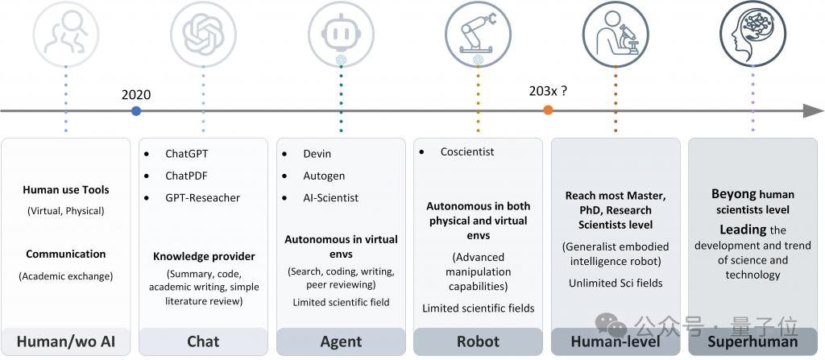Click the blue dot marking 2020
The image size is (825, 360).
(x=136, y=110)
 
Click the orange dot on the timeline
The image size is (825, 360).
(x=548, y=110)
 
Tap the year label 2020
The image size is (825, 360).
(x=135, y=95)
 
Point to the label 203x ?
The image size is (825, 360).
(x=548, y=91)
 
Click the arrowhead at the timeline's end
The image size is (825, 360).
(x=813, y=110)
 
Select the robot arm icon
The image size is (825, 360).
(x=478, y=35)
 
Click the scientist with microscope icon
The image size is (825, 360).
(x=615, y=35)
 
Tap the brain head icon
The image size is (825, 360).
(x=752, y=34)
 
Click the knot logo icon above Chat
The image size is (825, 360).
(x=203, y=35)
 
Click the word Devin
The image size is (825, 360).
(x=317, y=154)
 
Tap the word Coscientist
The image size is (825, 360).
(x=467, y=151)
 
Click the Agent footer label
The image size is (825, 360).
(x=341, y=341)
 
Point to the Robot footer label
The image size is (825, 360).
(x=478, y=341)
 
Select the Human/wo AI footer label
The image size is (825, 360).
(x=66, y=342)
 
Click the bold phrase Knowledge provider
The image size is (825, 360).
(x=204, y=257)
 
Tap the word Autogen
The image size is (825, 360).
(x=324, y=176)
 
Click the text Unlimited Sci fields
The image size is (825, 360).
(x=616, y=283)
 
